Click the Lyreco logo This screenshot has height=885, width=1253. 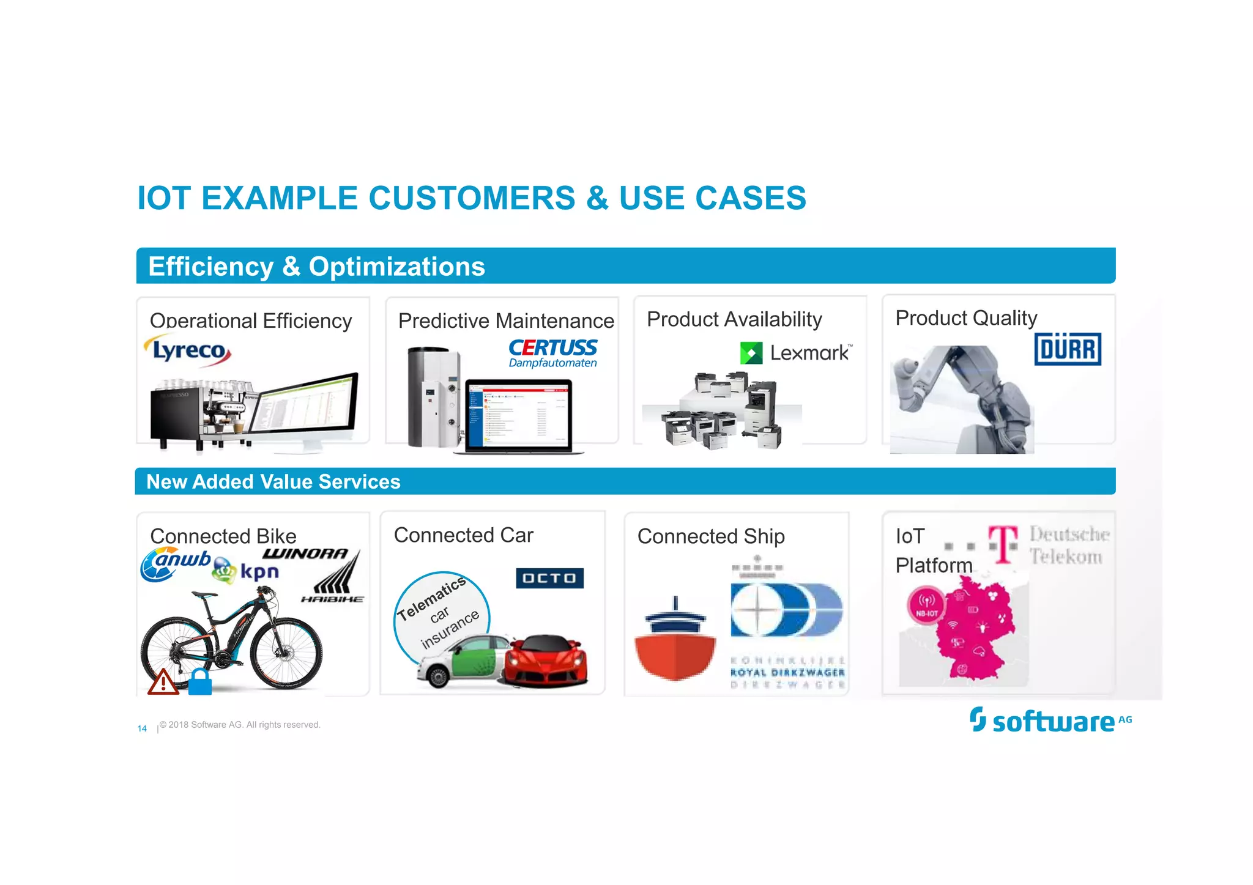click(x=188, y=350)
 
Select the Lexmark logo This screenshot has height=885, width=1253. click(x=795, y=353)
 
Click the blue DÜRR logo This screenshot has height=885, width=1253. click(x=1068, y=349)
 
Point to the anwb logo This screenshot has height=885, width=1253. click(x=174, y=563)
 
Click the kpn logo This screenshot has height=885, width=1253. click(x=247, y=572)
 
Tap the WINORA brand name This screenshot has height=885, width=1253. click(x=305, y=554)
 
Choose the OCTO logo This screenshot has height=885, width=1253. click(x=549, y=578)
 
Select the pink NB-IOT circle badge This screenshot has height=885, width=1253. click(x=926, y=605)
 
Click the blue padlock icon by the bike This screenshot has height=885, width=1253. click(x=200, y=682)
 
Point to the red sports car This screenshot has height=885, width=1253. click(x=545, y=661)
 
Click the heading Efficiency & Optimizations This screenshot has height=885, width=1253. click(x=316, y=267)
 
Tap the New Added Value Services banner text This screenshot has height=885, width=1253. click(x=273, y=482)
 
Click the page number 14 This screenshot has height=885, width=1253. click(x=142, y=728)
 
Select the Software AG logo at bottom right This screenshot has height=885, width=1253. click(x=1050, y=720)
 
